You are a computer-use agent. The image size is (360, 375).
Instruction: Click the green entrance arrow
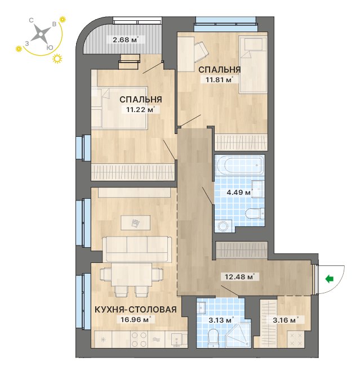point(330,279)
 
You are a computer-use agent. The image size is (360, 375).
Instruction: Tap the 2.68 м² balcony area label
point(126,39)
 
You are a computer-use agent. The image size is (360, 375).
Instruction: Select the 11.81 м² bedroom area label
point(219,79)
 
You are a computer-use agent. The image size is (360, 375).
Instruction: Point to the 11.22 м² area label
point(140,110)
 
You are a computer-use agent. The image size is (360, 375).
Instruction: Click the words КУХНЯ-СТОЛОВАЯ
point(136,309)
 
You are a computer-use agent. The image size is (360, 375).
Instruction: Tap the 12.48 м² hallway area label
point(239,276)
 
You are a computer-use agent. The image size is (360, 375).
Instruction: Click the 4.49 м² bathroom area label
point(239,192)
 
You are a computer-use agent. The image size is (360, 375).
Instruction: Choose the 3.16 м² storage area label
point(285,320)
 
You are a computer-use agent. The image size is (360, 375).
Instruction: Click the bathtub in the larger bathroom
point(239,166)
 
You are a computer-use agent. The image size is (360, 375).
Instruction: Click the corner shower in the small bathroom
point(238,336)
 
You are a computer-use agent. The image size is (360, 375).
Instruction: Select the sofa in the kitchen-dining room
point(137,249)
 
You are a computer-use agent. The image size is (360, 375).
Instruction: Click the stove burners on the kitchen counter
point(139,339)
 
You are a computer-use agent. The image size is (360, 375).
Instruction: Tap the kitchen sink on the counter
point(177,340)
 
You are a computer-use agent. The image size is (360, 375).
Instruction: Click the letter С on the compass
point(31,21)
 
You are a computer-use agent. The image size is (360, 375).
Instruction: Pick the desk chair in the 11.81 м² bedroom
point(201,51)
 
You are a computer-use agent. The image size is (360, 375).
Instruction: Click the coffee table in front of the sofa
point(136,222)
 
